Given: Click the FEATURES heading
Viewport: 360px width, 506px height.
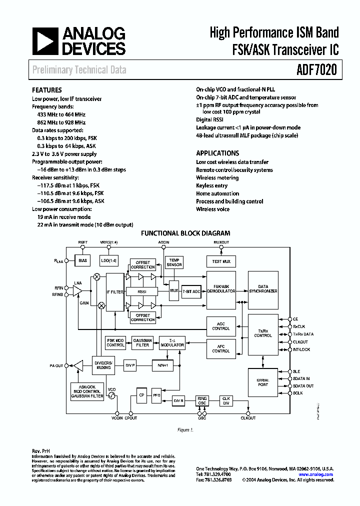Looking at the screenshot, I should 47,90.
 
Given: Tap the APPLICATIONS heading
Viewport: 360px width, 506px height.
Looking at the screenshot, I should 217,153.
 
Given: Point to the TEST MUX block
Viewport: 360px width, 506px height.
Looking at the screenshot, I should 220,261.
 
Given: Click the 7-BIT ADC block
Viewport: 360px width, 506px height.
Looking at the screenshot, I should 191,291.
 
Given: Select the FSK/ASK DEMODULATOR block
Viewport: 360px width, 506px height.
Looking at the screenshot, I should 220,291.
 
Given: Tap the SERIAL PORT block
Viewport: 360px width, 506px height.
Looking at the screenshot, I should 262,382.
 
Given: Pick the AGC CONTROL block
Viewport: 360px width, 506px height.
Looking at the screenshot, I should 220,326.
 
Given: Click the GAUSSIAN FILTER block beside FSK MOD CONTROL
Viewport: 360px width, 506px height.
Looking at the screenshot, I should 142,342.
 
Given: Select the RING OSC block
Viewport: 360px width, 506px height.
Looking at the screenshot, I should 202,401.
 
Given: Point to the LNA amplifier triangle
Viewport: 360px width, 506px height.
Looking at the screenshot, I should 77,291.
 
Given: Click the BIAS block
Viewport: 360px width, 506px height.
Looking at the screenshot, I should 82,260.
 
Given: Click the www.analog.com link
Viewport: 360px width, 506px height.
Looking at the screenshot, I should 316,474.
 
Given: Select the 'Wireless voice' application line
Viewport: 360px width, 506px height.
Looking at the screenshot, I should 212,209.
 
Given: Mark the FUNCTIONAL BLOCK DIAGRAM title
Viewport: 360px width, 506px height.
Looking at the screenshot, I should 185,233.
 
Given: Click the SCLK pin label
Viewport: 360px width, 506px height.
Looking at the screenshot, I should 298,393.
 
